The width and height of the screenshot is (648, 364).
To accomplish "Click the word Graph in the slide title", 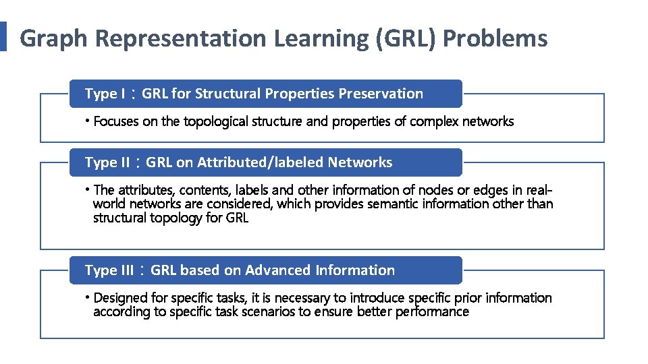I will click(x=54, y=39).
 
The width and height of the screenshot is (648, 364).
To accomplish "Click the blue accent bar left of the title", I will click(x=3, y=36).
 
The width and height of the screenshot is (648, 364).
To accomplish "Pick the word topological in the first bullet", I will click(x=215, y=122).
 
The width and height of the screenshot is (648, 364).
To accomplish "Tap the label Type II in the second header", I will click(x=107, y=162).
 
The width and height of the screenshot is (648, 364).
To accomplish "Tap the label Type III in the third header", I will click(x=109, y=270).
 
